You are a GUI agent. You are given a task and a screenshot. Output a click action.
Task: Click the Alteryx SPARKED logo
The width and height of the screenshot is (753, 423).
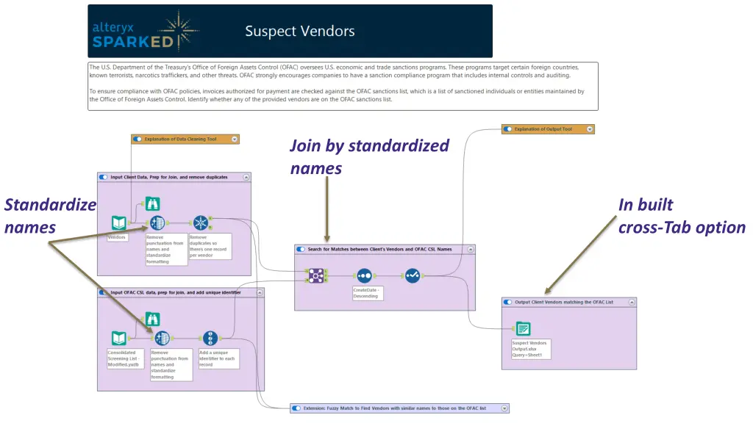pyautogui.click(x=144, y=32)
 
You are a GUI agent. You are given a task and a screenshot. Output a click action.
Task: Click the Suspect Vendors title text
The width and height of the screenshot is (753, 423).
pyautogui.click(x=299, y=31)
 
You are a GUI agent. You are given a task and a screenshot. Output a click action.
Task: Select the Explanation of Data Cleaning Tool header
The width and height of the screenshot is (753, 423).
pyautogui.click(x=185, y=139)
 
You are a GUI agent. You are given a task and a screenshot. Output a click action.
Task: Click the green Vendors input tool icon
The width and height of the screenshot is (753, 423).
pyautogui.click(x=118, y=223)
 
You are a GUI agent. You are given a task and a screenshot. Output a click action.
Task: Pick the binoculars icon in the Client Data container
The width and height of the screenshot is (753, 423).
pyautogui.click(x=152, y=204)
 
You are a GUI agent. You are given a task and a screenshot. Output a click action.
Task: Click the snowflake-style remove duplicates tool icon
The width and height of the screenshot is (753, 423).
pyautogui.click(x=201, y=223)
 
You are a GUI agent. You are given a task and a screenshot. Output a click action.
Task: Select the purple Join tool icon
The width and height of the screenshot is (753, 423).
pyautogui.click(x=315, y=275)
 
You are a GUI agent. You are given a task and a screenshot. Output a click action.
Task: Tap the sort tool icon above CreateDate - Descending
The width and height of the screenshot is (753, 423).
pyautogui.click(x=364, y=275)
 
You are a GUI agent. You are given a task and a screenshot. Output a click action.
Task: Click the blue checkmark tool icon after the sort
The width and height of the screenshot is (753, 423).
pyautogui.click(x=413, y=275)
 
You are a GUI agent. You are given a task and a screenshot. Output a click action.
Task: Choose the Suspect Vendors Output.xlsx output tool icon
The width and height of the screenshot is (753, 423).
pyautogui.click(x=523, y=329)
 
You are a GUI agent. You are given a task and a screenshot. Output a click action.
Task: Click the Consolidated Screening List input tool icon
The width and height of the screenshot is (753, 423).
pyautogui.click(x=118, y=338)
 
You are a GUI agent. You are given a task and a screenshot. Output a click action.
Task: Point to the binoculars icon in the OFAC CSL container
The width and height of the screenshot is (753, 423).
pyautogui.click(x=152, y=319)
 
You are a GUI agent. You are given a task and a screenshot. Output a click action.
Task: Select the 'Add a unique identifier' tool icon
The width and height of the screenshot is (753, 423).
pyautogui.click(x=210, y=338)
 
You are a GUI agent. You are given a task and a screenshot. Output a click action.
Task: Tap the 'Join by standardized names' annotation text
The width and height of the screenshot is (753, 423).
pyautogui.click(x=368, y=156)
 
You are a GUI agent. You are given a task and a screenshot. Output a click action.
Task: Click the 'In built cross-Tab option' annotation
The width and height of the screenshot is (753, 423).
pyautogui.click(x=681, y=216)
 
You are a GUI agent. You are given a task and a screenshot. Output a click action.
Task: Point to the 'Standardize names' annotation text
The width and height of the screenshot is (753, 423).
pyautogui.click(x=49, y=216)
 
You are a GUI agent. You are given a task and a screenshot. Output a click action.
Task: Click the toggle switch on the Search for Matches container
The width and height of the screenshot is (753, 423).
pyautogui.click(x=301, y=249)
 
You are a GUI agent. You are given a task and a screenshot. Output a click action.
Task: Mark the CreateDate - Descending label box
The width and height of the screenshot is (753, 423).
pyautogui.click(x=368, y=293)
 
